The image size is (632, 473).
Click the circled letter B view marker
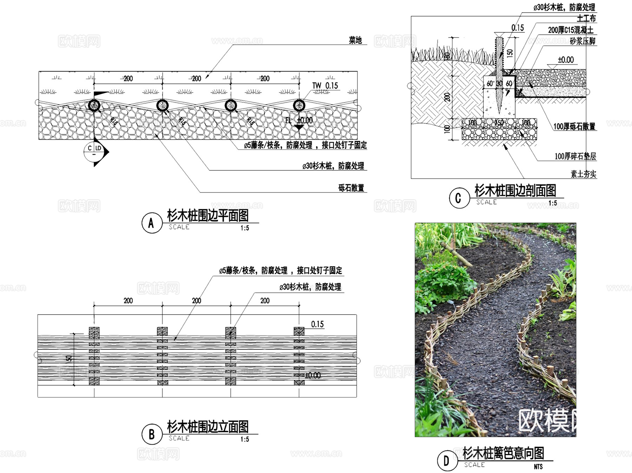click(x=152, y=434)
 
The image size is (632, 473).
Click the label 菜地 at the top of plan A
click(x=355, y=40)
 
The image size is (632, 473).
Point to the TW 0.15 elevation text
click(x=325, y=86)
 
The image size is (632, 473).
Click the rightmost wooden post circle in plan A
click(x=299, y=105)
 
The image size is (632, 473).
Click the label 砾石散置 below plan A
click(x=351, y=188)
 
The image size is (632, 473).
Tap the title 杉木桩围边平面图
click(x=208, y=215)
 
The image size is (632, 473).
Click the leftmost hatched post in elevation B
click(x=94, y=355)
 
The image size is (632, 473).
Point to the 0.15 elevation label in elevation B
click(x=317, y=324)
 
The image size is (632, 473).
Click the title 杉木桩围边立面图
click(x=208, y=427)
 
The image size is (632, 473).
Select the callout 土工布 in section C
click(x=586, y=18)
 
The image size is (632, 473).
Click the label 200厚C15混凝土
click(x=571, y=30)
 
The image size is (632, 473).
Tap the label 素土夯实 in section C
click(x=583, y=174)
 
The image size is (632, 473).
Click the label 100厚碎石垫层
click(x=575, y=156)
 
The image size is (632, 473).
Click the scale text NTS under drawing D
click(x=538, y=466)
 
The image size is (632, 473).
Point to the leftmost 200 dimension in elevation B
click(x=128, y=301)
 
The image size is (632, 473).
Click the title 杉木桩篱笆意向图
click(x=503, y=453)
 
